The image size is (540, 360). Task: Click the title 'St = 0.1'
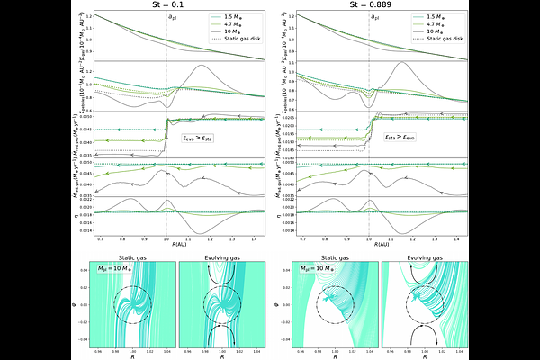(x=167, y=7)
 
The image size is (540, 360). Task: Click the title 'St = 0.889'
(x=370, y=7)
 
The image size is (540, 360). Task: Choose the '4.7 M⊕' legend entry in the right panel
(x=433, y=25)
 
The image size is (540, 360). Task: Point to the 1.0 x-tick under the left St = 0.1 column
(x=166, y=238)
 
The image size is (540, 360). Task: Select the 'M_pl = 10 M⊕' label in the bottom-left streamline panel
(x=124, y=268)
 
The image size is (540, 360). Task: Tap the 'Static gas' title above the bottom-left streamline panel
(x=131, y=257)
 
